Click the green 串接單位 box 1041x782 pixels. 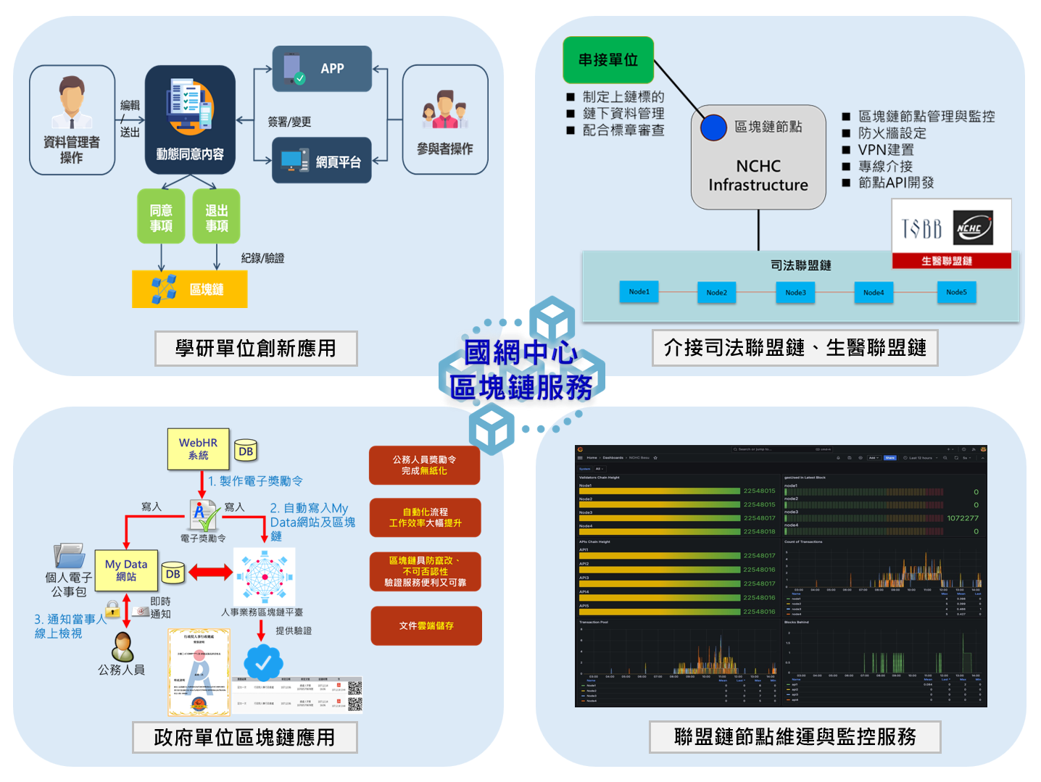608,60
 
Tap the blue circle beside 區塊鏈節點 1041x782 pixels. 713,128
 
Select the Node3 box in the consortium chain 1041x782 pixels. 795,293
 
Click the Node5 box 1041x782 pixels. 956,292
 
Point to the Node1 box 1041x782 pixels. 639,292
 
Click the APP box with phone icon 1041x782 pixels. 322,69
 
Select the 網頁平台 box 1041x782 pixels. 322,161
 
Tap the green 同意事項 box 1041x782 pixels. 161,217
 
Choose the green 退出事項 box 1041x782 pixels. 216,217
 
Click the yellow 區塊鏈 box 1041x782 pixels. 189,289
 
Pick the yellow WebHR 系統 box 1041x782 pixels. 198,449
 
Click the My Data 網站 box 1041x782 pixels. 126,570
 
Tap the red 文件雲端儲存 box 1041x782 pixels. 426,625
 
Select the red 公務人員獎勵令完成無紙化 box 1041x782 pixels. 424,465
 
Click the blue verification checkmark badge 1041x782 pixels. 263,662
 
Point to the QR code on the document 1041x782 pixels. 354,695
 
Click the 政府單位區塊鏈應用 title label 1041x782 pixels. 245,738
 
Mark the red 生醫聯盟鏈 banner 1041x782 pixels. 951,261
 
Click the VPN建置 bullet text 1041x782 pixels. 886,150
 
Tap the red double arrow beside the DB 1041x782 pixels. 210,573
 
